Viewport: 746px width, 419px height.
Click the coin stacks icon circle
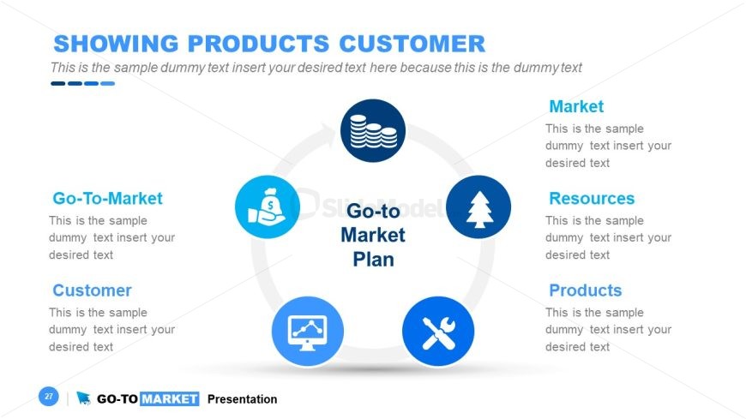(373, 131)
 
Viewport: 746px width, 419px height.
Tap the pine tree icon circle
(478, 207)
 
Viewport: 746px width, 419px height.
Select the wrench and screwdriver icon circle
(438, 332)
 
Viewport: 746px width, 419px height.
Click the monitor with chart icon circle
(308, 332)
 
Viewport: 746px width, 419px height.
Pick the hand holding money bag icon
(268, 207)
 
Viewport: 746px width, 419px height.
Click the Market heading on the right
(576, 106)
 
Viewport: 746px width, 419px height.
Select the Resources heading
(592, 198)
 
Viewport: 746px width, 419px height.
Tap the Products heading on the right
(585, 290)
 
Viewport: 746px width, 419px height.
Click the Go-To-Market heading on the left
(107, 198)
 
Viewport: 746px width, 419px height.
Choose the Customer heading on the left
(92, 290)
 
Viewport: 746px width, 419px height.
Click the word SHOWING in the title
(116, 44)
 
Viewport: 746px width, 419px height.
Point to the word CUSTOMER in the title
(412, 44)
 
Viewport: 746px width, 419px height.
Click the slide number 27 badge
(49, 396)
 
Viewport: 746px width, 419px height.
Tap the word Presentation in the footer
(242, 399)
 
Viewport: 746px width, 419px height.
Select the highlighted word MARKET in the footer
(170, 398)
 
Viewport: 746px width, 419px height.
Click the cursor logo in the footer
(83, 398)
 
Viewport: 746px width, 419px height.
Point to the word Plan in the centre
(374, 260)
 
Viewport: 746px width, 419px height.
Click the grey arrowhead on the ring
(327, 131)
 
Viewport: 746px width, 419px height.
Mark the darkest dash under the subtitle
(57, 84)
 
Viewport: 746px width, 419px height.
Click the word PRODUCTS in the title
(258, 44)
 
